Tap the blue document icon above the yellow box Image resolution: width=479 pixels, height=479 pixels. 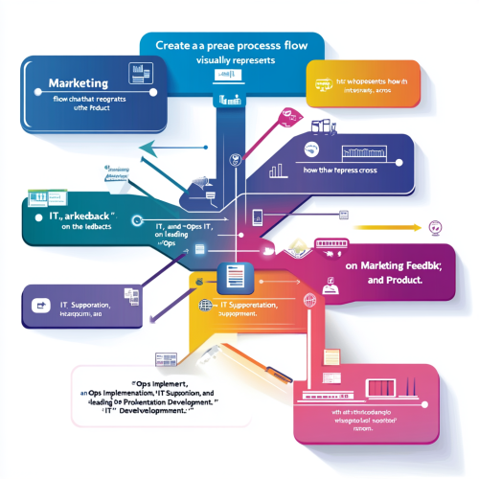click(234, 277)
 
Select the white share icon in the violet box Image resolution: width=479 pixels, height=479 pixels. click(41, 306)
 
